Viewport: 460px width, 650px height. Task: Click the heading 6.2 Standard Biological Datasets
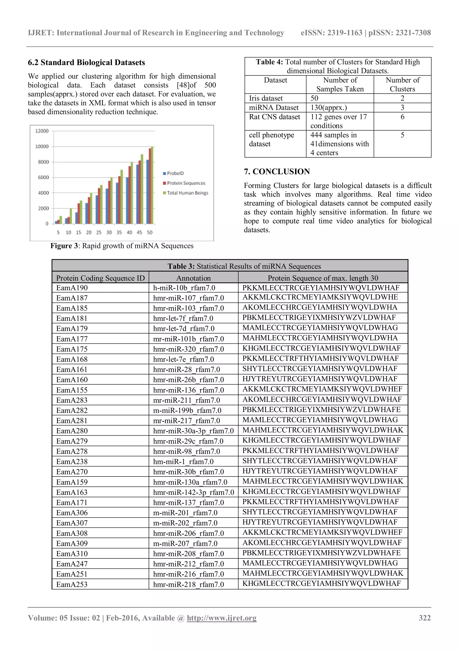point(86,63)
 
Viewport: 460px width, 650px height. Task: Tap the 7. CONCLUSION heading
point(277,171)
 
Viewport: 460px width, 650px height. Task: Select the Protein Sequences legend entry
point(186,183)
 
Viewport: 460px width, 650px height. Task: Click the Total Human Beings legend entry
point(187,193)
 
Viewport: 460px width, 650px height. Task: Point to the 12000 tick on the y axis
point(42,131)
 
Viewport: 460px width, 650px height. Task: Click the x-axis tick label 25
point(99,233)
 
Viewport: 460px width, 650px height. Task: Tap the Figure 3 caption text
point(122,246)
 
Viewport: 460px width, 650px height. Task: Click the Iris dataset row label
point(266,98)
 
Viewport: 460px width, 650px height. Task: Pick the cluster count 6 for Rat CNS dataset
point(402,117)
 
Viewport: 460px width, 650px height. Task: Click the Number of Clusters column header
point(402,84)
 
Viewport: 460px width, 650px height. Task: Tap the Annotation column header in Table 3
point(193,278)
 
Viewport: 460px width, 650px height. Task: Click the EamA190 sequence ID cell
point(72,288)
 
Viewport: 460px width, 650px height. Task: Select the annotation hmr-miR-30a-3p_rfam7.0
point(193,431)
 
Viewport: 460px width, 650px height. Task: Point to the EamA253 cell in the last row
point(72,584)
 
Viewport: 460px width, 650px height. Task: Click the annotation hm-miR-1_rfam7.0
point(183,461)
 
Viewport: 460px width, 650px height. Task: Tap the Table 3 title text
point(244,266)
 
